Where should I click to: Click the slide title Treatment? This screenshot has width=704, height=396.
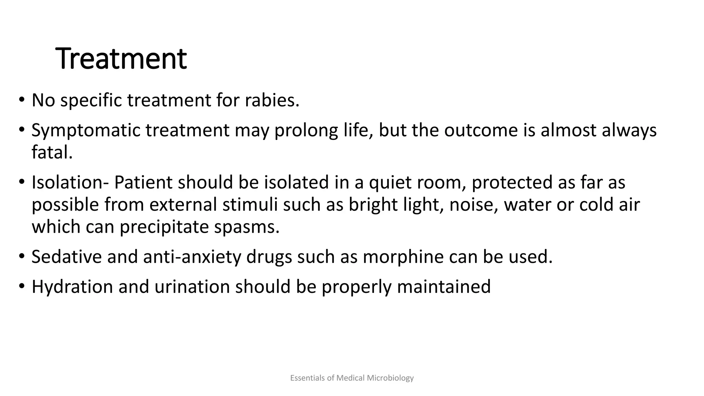point(121,59)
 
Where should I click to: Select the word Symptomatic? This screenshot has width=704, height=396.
point(86,131)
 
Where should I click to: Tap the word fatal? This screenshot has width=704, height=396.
point(52,152)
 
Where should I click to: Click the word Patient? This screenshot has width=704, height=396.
point(143,182)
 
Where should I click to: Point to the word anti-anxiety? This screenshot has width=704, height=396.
point(192,257)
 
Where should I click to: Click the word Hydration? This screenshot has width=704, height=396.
point(72,287)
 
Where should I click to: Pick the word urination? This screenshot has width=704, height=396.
point(192,287)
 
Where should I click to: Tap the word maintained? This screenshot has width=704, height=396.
point(444,287)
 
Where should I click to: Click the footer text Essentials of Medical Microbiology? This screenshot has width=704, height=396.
point(352,378)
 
